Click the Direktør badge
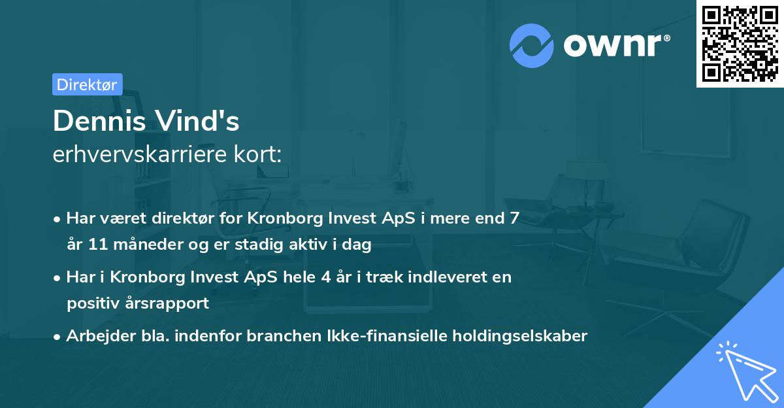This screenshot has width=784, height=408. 87,84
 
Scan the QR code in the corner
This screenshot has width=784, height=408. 740,43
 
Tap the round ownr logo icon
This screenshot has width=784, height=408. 532,45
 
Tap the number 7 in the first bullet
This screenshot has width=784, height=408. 515,218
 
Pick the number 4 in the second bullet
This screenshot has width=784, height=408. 325,277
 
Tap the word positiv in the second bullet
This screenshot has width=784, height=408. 91,303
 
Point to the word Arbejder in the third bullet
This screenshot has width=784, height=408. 95,336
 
